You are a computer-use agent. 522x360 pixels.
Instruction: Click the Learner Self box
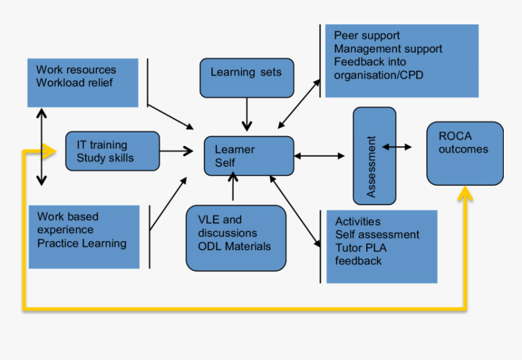[x=249, y=156]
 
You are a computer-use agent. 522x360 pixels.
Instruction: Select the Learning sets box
[x=246, y=78]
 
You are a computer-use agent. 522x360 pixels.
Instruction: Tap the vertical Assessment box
[x=374, y=156]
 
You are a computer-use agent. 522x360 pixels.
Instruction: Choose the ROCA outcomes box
[x=464, y=154]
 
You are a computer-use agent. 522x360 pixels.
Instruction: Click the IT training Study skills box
[x=112, y=151]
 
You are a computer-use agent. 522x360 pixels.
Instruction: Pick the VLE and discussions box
[x=236, y=238]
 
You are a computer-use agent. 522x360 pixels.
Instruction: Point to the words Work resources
[x=76, y=70]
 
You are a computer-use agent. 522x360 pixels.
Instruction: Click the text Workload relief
[x=74, y=83]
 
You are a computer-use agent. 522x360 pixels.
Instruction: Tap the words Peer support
[x=367, y=35]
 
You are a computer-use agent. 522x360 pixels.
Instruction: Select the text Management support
[x=388, y=49]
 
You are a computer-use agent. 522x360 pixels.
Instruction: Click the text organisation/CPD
[x=378, y=75]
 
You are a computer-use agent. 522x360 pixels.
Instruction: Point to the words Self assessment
[x=377, y=234]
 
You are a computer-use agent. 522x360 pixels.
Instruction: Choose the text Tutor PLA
[x=361, y=248]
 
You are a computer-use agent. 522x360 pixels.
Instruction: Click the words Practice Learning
[x=81, y=243]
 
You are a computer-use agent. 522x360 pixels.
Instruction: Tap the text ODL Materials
[x=234, y=246]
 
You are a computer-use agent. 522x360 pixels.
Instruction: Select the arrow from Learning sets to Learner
[x=246, y=114]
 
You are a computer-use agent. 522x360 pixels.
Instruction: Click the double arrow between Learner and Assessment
[x=319, y=156]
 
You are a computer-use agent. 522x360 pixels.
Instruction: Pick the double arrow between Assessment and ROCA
[x=397, y=147]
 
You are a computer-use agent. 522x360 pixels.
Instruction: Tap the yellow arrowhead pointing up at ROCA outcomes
[x=466, y=194]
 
